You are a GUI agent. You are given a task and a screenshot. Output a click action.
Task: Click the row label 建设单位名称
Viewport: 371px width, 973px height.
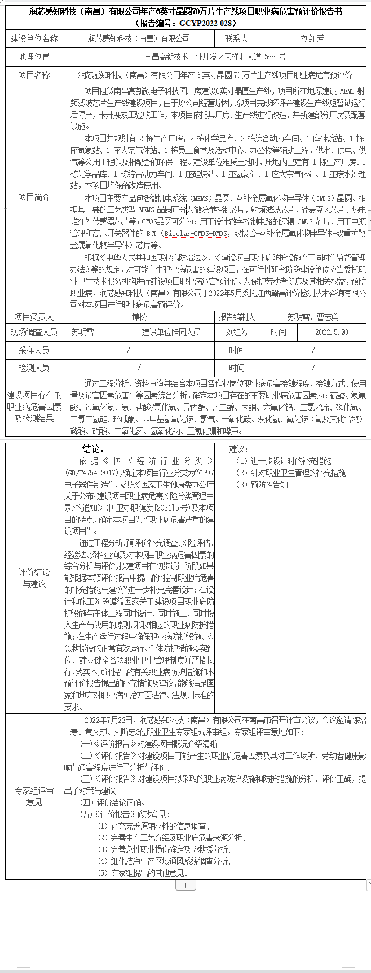click(x=34, y=39)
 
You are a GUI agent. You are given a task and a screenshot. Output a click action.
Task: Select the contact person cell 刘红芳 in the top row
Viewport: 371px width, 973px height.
click(x=312, y=39)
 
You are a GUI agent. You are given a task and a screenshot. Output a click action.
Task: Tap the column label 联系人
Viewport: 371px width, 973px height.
click(x=236, y=39)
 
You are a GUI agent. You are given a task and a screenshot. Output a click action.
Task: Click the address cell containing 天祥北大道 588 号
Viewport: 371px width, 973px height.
click(x=215, y=57)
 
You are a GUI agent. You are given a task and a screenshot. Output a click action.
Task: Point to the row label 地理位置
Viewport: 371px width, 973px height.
click(x=34, y=57)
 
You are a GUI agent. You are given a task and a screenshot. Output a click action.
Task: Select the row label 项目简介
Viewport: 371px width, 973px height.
click(x=34, y=197)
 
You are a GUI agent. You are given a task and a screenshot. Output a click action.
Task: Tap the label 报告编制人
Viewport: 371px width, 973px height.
click(x=237, y=317)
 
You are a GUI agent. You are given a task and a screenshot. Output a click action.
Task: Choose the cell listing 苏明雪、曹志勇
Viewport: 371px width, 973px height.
click(x=312, y=317)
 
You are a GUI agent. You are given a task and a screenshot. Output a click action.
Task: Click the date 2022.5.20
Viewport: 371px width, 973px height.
click(x=332, y=332)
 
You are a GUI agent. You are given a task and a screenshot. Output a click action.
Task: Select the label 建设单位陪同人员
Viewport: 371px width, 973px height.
click(x=171, y=332)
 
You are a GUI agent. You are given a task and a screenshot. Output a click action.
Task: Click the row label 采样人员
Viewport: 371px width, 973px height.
click(x=34, y=351)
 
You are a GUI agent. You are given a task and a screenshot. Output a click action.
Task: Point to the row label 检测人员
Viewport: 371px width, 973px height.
click(x=34, y=368)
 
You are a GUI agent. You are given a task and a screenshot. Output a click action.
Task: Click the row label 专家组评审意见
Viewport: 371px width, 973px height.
click(x=34, y=796)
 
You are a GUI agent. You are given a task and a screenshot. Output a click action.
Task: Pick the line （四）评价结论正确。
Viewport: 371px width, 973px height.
click(x=113, y=802)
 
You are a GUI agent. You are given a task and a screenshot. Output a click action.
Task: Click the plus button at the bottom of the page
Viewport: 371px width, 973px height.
click(x=185, y=885)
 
